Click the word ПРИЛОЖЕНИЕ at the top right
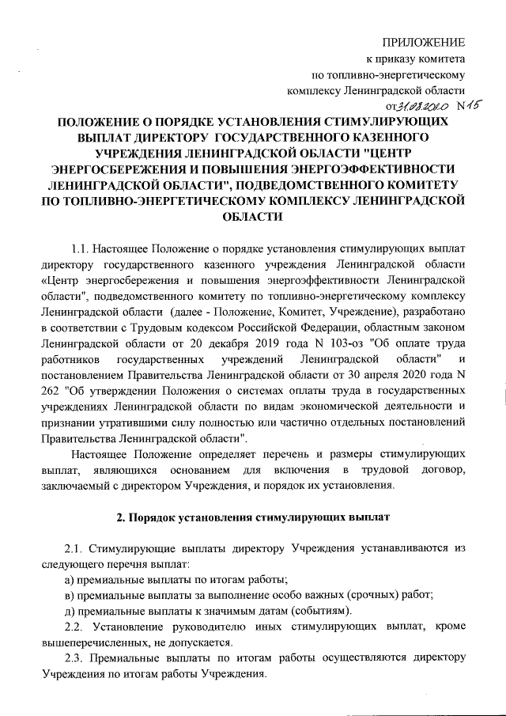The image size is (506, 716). [x=423, y=42]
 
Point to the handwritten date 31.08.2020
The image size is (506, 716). [x=424, y=108]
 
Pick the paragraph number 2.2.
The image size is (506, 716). [x=77, y=626]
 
